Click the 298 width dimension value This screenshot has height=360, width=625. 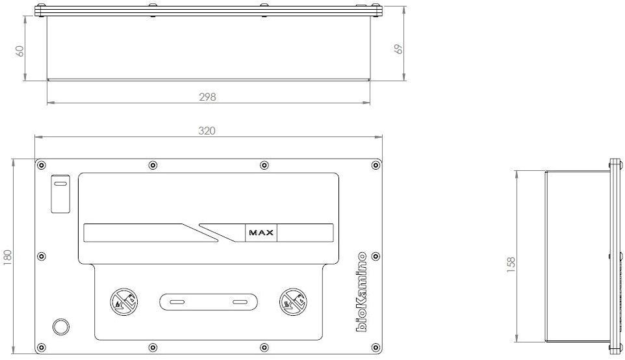coord(207,97)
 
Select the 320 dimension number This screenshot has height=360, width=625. coord(207,131)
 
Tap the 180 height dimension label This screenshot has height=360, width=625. coord(8,258)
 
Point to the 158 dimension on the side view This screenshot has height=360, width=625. coord(511,264)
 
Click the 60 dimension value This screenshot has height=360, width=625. coord(19,51)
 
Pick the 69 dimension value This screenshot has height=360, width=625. coord(398,49)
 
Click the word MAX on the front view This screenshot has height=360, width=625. coord(261,233)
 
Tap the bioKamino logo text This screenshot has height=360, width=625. coord(361,291)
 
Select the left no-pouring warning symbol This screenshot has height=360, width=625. coord(124,302)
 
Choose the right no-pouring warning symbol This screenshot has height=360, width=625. coord(294,302)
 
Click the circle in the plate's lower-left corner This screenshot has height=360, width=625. coord(61,326)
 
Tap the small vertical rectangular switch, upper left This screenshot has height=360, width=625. coord(60,194)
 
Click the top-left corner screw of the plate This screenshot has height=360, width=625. coord(41,165)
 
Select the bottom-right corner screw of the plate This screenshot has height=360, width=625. coord(376,348)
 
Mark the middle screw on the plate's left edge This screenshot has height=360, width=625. coord(41,256)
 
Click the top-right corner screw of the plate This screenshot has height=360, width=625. coord(376,165)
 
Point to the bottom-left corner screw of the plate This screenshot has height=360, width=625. coord(41,348)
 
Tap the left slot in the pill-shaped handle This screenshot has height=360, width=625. coord(177,302)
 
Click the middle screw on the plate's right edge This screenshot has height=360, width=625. coord(376,256)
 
